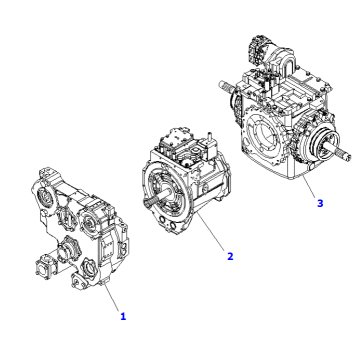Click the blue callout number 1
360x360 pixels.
coord(123,316)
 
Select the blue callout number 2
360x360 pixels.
coord(230,256)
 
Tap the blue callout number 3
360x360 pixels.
coord(320,203)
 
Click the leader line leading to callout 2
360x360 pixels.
coord(210,231)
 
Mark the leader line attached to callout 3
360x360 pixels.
coord(309,187)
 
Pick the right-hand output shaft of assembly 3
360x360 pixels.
coord(338,152)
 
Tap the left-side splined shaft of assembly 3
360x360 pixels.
coord(229,86)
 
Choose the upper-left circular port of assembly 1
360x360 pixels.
coord(45,198)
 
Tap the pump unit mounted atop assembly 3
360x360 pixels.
coord(271,54)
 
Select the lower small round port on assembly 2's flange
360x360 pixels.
coord(173,228)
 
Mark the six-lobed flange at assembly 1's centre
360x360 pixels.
coord(68,247)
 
